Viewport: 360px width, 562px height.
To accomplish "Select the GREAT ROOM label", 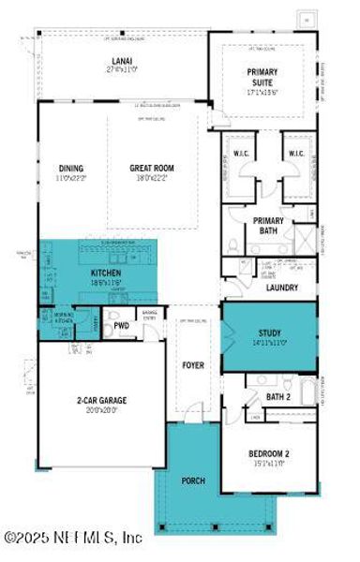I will pyautogui.click(x=152, y=169).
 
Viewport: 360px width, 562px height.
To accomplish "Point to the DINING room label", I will pyautogui.click(x=71, y=169).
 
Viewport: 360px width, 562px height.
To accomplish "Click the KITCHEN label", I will pyautogui.click(x=106, y=273).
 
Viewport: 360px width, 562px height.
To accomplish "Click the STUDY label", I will pyautogui.click(x=269, y=333).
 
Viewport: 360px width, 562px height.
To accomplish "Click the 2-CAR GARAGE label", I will pyautogui.click(x=102, y=400).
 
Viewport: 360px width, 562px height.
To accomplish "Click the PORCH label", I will pyautogui.click(x=193, y=481).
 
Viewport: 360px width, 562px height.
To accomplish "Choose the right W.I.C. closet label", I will pyautogui.click(x=295, y=155).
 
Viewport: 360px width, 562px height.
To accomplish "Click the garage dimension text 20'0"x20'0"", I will pyautogui.click(x=102, y=408).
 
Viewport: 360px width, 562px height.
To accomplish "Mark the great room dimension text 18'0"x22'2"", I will pyautogui.click(x=152, y=178).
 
